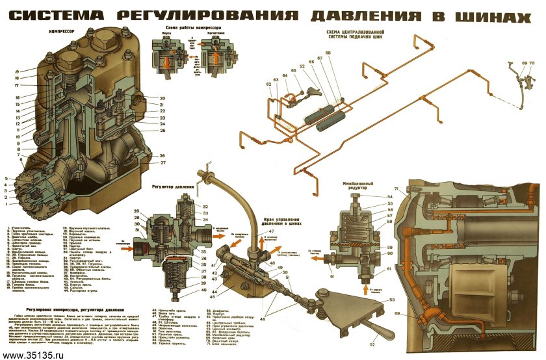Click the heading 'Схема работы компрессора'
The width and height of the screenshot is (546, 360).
click(x=194, y=29)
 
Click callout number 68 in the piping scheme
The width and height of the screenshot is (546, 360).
click(x=328, y=53)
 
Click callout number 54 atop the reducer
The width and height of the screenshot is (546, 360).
click(x=390, y=196)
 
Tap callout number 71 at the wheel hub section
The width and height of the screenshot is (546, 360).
click(x=413, y=188)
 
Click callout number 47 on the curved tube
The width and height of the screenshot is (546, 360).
click(x=272, y=232)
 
